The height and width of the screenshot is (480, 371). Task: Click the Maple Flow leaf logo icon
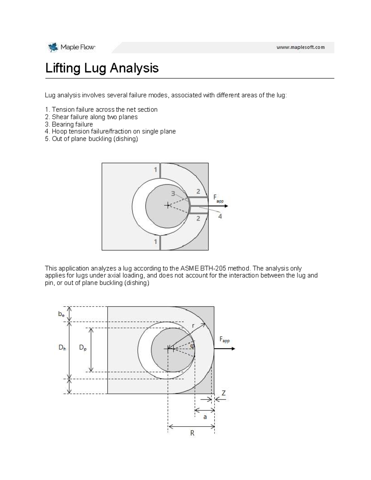(x=53, y=47)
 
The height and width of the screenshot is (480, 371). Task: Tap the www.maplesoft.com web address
(x=300, y=47)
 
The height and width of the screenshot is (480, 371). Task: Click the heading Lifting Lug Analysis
(x=102, y=68)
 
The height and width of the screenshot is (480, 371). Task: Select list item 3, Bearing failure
(x=69, y=124)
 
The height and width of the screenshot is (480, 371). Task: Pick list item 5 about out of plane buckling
(x=92, y=139)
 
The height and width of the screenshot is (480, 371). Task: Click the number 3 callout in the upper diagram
(x=173, y=193)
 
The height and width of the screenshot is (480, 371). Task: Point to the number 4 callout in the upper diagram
(x=220, y=216)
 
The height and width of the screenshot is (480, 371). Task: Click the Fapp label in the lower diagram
(x=224, y=339)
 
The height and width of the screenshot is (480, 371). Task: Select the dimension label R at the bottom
(x=192, y=433)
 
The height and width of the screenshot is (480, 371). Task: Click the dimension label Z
(x=223, y=393)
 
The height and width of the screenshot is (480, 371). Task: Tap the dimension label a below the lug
(x=205, y=417)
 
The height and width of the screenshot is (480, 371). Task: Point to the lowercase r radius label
(x=193, y=325)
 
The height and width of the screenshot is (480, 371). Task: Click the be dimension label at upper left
(x=62, y=314)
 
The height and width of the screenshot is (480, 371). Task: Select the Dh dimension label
(x=62, y=347)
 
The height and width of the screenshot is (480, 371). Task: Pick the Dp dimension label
(x=83, y=347)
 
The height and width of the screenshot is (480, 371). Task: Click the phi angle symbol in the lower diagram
(x=192, y=346)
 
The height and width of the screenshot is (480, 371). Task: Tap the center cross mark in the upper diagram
(x=168, y=205)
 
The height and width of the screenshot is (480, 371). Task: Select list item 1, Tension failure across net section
(x=101, y=109)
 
